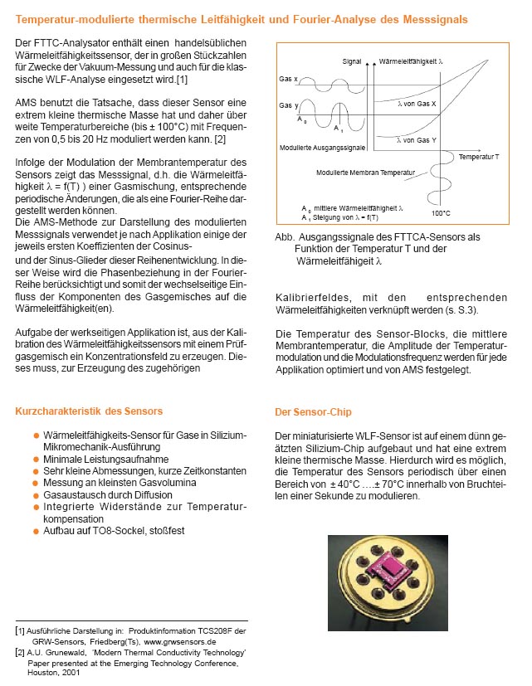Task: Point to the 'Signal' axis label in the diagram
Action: (353, 61)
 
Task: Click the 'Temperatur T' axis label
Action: (479, 155)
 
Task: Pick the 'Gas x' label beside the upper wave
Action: (288, 79)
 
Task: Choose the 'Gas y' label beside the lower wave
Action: (288, 106)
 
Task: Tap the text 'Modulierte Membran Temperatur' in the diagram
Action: (359, 172)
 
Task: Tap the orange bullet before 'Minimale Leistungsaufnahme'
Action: (36, 458)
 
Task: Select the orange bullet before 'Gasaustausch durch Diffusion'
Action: (36, 493)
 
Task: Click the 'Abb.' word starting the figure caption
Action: (284, 236)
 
